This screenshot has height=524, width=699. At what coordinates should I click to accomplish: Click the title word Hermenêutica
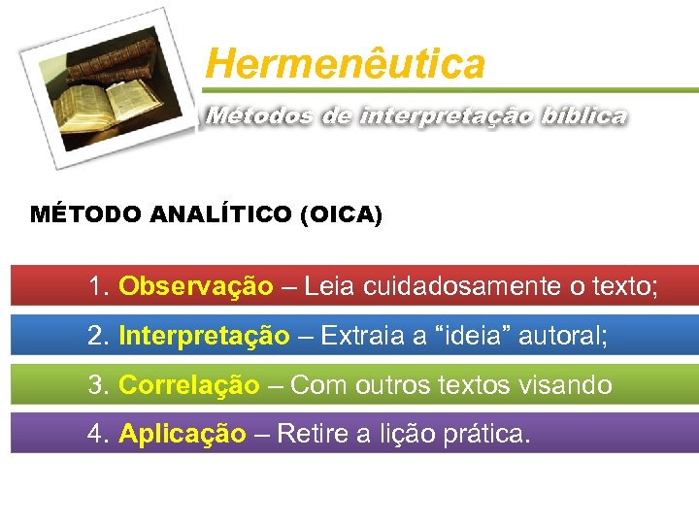pos(345,65)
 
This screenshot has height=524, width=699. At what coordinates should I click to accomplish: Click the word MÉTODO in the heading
pos(86,214)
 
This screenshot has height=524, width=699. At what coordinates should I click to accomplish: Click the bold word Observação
pos(195,286)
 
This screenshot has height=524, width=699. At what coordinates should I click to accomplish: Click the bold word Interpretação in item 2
pos(204,336)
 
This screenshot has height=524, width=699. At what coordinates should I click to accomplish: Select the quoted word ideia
pos(475,336)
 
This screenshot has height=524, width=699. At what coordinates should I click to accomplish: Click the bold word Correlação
pos(188,385)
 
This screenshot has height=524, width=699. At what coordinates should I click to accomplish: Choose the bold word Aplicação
pos(182,433)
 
